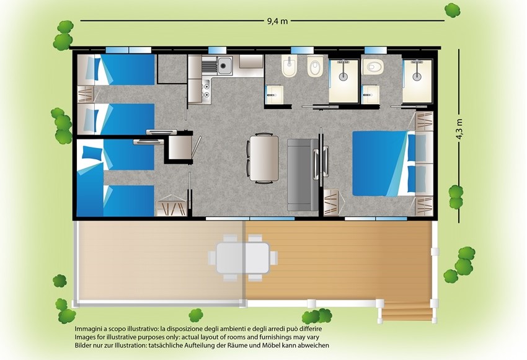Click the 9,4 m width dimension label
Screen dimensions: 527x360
click(277, 21)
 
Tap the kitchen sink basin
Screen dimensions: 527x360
click(224, 65)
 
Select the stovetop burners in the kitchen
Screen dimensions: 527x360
click(206, 90)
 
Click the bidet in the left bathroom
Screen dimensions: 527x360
click(288, 66)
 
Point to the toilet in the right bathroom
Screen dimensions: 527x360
click(373, 67)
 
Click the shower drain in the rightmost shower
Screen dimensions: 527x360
click(417, 76)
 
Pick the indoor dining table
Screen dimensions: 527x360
click(264, 158)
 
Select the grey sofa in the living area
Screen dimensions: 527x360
click(303, 175)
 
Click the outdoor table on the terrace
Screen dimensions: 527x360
click(242, 258)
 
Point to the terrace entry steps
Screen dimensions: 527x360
click(407, 310)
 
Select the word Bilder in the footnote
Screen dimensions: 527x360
click(84, 345)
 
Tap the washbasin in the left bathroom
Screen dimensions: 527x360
click(274, 95)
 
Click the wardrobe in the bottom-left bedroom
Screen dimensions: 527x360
click(170, 206)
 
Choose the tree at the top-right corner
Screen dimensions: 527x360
click(452, 11)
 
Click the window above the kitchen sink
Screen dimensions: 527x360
click(217, 50)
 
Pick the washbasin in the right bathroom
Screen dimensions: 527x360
click(371, 95)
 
